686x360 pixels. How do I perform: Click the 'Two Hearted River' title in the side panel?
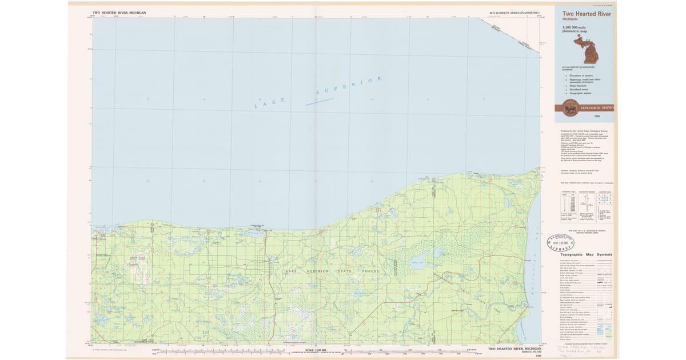coord(583,14)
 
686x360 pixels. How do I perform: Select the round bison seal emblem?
coord(569,107)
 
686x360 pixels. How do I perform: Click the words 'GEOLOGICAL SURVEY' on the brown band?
coord(596,107)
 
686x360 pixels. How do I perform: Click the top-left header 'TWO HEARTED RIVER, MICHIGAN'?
coord(119,12)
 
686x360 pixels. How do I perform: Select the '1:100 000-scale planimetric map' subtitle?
coord(575,29)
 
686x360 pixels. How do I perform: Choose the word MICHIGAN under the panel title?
coord(571,19)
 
